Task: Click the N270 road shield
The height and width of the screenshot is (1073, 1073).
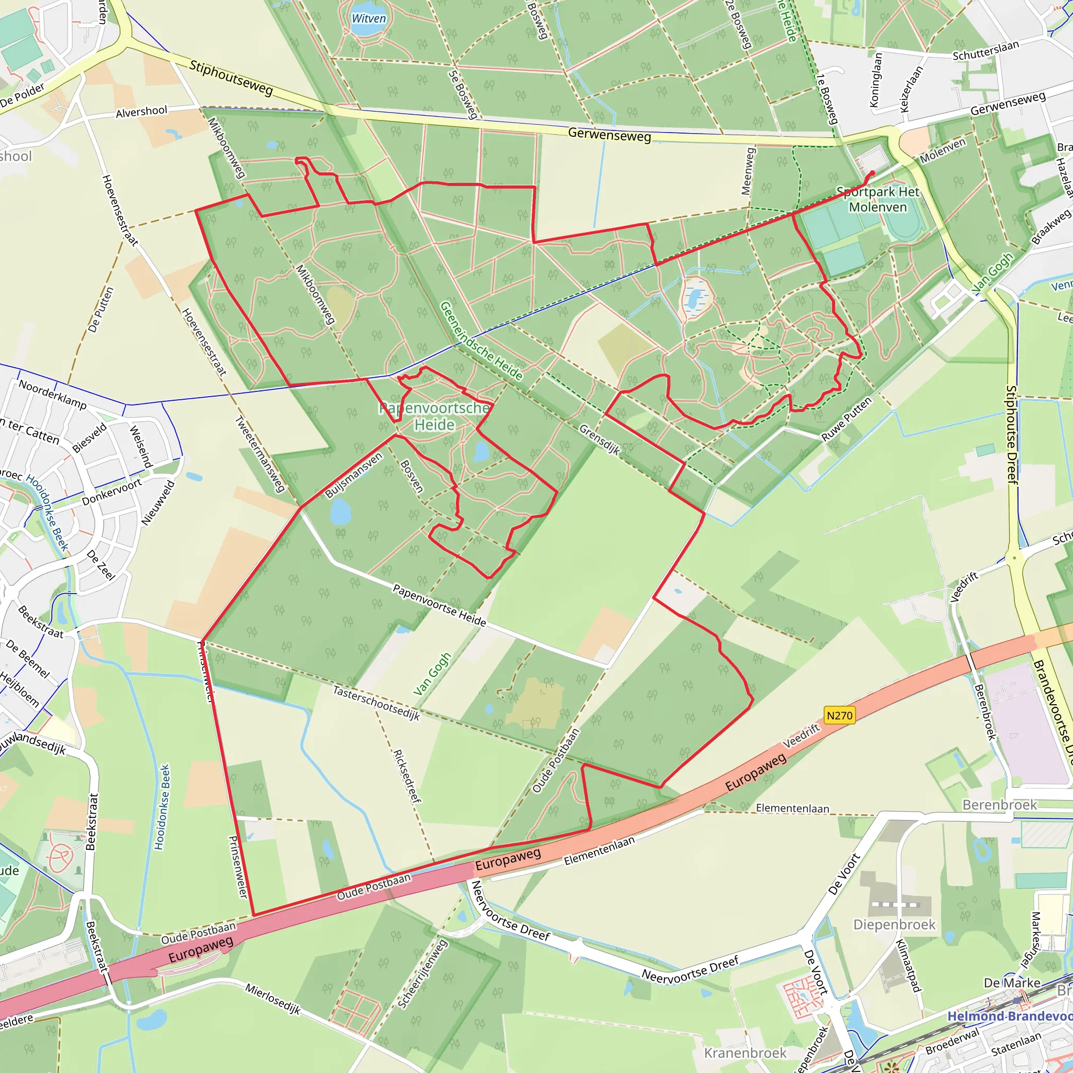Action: coord(839,715)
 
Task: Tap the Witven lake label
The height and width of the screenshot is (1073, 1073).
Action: coord(369,18)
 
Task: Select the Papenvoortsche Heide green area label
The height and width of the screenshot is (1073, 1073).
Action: coord(434,417)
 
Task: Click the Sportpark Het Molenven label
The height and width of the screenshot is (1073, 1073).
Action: coord(878,200)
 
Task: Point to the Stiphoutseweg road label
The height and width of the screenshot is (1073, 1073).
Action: coord(231,78)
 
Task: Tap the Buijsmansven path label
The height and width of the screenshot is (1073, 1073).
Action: coord(354,475)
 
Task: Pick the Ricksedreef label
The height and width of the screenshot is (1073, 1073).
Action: coord(407,776)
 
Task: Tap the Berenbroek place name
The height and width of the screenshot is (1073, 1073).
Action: coord(1000,805)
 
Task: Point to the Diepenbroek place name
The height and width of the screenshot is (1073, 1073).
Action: coord(894,925)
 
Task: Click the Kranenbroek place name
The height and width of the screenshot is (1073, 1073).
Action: coord(746,1053)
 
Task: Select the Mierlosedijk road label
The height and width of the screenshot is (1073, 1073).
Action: coord(272,999)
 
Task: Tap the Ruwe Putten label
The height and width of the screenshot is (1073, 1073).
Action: coord(847,420)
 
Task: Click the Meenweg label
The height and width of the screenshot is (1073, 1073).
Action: coord(748,171)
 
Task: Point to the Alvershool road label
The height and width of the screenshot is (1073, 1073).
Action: coord(141,112)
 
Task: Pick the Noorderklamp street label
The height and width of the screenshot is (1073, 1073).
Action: coord(53,395)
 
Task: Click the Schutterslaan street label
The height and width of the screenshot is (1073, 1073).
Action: coord(986,50)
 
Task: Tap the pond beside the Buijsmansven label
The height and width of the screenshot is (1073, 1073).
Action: coord(341,512)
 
